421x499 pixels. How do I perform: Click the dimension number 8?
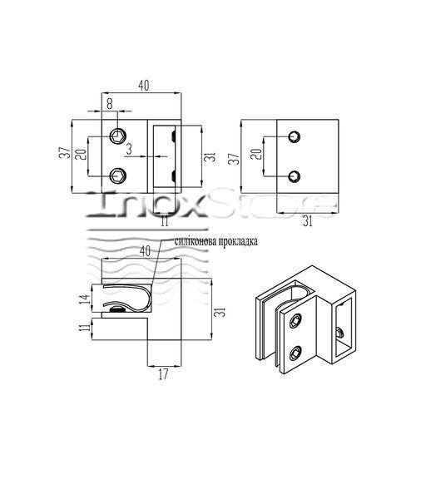tap(110, 103)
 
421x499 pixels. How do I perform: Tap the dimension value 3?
tap(129, 149)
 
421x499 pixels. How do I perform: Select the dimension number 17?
tap(163, 374)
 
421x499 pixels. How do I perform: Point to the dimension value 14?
tap(84, 299)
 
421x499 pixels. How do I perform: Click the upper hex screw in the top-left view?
tap(118, 136)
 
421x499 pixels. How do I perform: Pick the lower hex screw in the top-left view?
tap(118, 175)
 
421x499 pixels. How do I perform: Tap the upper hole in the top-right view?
tap(295, 137)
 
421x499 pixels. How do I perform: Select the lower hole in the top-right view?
tap(295, 176)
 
